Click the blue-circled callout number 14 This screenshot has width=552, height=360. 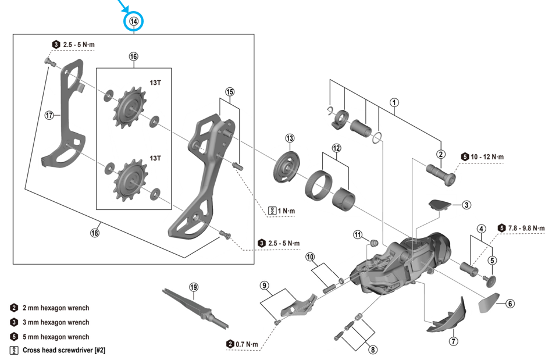pyautogui.click(x=134, y=22)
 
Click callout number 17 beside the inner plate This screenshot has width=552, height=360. pyautogui.click(x=50, y=115)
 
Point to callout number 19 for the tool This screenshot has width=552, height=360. pyautogui.click(x=194, y=287)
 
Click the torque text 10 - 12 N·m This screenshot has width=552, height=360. pyautogui.click(x=487, y=157)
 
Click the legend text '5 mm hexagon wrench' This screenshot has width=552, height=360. pyautogui.click(x=56, y=337)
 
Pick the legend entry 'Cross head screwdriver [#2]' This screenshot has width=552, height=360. pyautogui.click(x=63, y=351)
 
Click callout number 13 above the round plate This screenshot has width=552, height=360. pyautogui.click(x=290, y=138)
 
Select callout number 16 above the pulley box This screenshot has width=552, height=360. pyautogui.click(x=134, y=56)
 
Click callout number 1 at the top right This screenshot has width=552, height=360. pyautogui.click(x=395, y=103)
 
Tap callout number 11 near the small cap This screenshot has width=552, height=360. pyautogui.click(x=358, y=234)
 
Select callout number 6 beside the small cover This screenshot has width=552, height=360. pyautogui.click(x=510, y=303)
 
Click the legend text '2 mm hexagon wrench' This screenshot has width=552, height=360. pyautogui.click(x=56, y=308)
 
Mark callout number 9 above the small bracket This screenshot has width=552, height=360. pyautogui.click(x=265, y=286)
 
